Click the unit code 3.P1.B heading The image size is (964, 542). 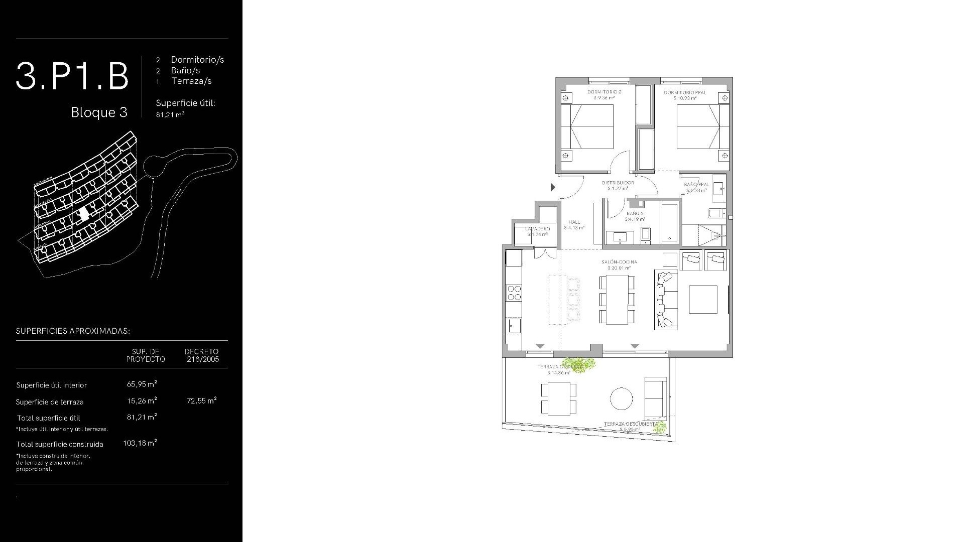pos(72,76)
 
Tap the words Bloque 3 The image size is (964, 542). pos(99,112)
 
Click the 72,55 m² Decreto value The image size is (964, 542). pos(201,400)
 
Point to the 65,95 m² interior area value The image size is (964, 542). pos(142,384)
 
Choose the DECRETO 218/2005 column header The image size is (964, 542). pos(201,355)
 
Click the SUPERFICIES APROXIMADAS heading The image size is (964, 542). pos(73,331)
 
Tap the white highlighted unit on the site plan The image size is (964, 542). pos(84,214)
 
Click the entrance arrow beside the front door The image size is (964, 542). pos(553,187)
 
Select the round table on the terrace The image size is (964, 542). pos(622,398)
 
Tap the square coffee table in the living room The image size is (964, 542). pos(703,299)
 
